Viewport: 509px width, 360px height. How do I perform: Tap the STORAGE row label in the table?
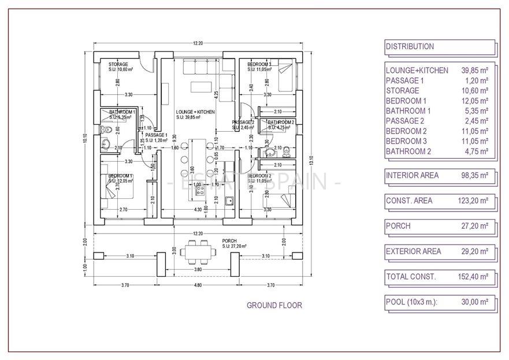tap(402, 91)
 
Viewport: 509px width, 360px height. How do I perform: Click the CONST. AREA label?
tap(408, 201)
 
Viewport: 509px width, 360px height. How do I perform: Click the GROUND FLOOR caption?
tap(274, 305)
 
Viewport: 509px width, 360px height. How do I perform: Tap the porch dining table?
tap(198, 253)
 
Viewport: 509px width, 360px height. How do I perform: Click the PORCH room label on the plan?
tap(229, 240)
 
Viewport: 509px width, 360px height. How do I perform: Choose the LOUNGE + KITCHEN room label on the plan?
tap(195, 112)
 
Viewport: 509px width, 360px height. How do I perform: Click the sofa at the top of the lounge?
tap(200, 68)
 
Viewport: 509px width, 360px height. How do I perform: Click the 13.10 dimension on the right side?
tap(310, 157)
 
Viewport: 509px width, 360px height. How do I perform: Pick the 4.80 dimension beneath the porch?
tap(198, 285)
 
